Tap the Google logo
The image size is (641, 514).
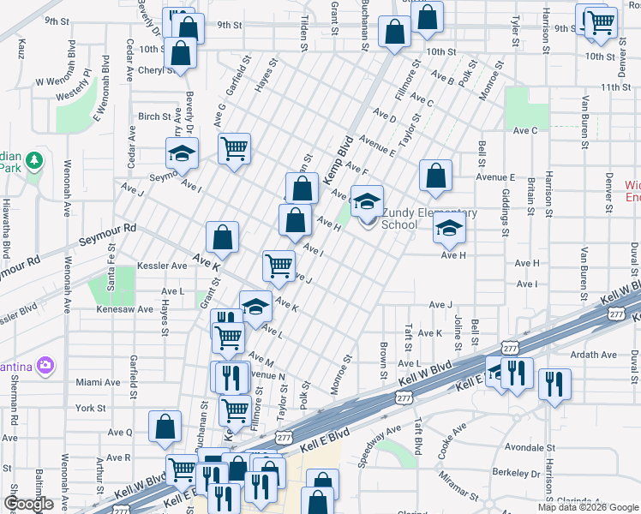[28, 504]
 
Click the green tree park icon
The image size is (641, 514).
[34, 160]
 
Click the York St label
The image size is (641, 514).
[89, 409]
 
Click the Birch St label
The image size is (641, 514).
[155, 117]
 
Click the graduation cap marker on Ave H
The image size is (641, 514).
[448, 229]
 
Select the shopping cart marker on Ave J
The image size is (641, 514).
[279, 266]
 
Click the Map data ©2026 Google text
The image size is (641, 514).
[587, 507]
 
